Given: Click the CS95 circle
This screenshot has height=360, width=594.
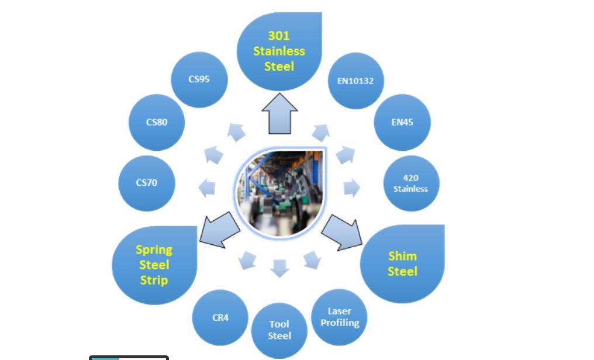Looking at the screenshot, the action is tap(199, 79).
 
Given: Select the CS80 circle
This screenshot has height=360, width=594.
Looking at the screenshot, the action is tap(157, 122).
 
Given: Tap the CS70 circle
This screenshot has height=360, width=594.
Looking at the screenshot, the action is tap(147, 184).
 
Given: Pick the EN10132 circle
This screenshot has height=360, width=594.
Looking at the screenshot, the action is tap(355, 81).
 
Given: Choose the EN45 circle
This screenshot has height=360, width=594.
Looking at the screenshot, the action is tap(402, 122).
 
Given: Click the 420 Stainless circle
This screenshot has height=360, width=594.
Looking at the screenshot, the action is tap(412, 184).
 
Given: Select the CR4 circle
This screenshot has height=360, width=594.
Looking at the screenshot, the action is tap(220, 317).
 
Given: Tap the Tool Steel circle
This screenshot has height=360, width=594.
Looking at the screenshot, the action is tap(279, 330).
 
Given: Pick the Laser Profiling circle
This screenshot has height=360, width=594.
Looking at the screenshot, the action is tap(340, 317).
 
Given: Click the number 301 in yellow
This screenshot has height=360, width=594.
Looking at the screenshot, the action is tap(279, 36).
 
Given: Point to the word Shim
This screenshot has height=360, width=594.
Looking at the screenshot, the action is tap(402, 257).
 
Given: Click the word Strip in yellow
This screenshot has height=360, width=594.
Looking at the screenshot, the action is tap(154, 281).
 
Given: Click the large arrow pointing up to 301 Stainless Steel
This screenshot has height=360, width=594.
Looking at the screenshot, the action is tap(279, 113).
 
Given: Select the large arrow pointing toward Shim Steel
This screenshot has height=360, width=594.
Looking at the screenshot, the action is tap(341, 233).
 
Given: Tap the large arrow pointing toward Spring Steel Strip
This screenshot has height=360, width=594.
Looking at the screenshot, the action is tap(220, 230).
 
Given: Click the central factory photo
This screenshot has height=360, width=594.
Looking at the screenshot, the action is tap(279, 192).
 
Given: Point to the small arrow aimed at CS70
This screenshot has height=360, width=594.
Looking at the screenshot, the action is tap(207, 188).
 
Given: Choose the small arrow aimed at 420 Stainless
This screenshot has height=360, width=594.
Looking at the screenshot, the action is tap(352, 188).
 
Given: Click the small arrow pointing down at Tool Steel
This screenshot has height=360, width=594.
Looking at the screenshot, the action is tap(279, 268).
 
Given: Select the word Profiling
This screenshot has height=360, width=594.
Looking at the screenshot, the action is tap(340, 323).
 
